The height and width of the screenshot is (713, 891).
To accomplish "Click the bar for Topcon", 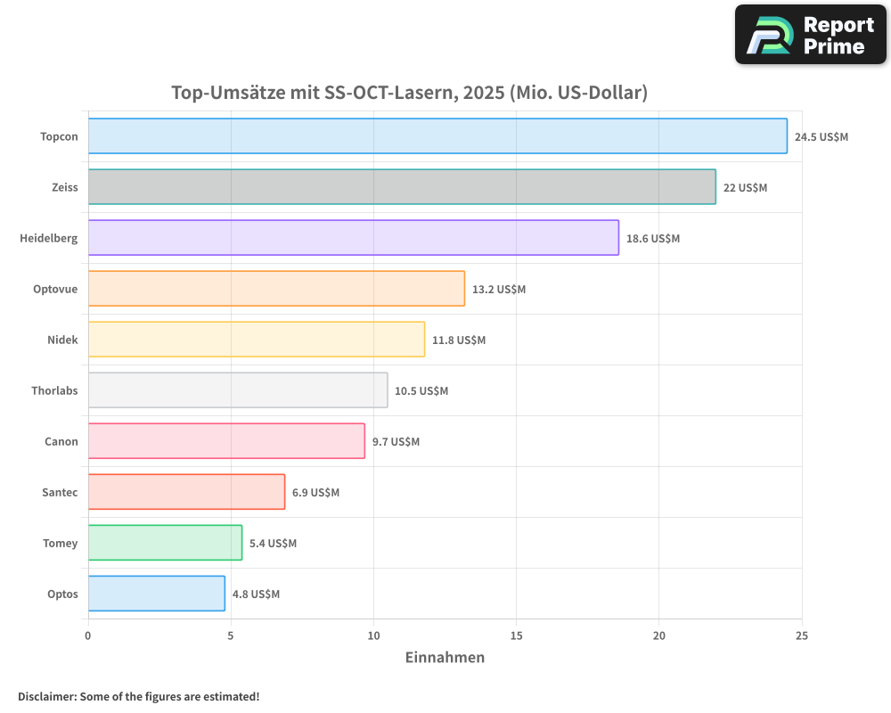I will point(437,136).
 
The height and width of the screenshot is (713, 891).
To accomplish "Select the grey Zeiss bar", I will point(402,187).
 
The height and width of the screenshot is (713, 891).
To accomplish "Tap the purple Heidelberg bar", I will point(353,238).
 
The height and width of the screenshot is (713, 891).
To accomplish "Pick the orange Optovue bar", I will point(276,289).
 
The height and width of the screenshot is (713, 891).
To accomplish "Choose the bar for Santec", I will point(186,492).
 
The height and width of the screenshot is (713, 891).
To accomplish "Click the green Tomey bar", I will point(165,543).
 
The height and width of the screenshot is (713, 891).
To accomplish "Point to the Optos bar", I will point(157,594).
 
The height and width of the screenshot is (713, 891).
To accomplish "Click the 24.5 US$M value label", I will point(822,137).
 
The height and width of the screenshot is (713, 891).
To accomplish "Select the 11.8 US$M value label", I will point(459,340).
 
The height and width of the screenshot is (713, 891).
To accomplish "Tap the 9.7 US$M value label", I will point(396,442).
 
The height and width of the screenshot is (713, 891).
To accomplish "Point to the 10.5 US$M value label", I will point(421,391).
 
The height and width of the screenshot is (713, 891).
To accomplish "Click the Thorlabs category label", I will point(54,391).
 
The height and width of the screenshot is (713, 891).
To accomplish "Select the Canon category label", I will point(61,442).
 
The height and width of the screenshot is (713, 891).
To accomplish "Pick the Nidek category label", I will point(62,340).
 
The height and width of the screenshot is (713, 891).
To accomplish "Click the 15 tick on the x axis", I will point(516,635).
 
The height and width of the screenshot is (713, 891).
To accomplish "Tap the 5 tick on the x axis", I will point(231,635).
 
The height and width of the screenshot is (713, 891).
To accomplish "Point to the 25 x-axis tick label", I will point(802,635).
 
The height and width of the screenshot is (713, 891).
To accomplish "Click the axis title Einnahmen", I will point(445,658).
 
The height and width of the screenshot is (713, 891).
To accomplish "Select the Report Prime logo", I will point(810,35).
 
